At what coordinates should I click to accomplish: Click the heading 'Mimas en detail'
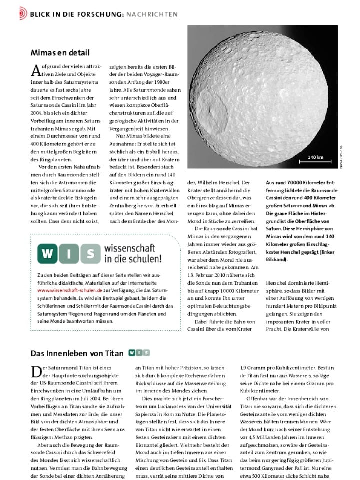[60, 52]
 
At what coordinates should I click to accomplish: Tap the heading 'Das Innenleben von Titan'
[77, 353]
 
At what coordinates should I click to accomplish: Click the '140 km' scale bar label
[316, 157]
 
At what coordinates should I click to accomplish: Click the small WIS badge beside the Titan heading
[139, 353]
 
